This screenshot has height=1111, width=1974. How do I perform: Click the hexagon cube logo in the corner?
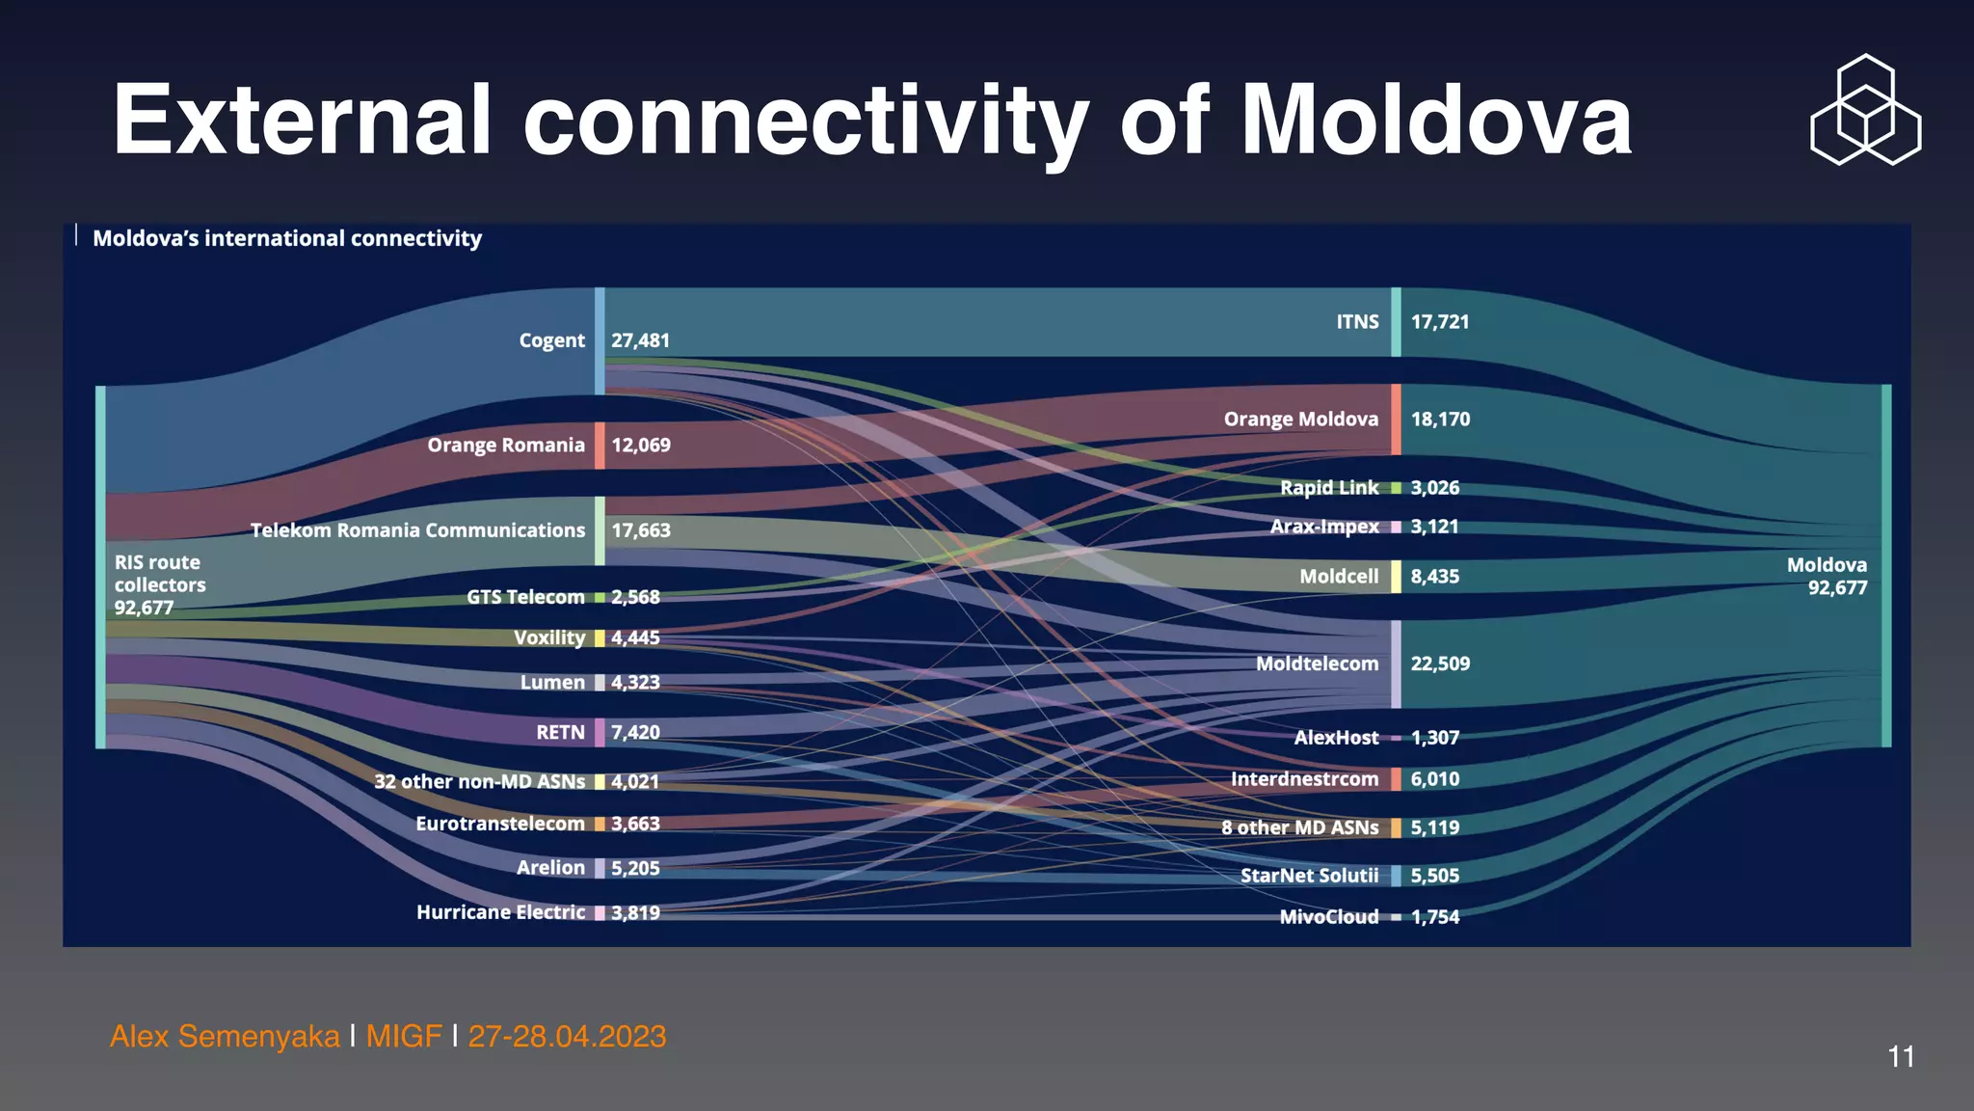pyautogui.click(x=1865, y=110)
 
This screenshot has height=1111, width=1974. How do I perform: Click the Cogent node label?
pyautogui.click(x=551, y=340)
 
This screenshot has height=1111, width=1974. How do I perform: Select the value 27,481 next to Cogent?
pyautogui.click(x=640, y=340)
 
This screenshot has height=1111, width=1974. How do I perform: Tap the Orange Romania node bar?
pyautogui.click(x=600, y=446)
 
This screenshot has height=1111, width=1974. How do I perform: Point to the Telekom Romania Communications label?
pyautogui.click(x=417, y=530)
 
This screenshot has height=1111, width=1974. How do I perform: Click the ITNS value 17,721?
pyautogui.click(x=1440, y=322)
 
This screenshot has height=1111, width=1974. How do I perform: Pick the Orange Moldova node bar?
pyautogui.click(x=1396, y=420)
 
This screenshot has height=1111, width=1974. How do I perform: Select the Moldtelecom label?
pyautogui.click(x=1317, y=664)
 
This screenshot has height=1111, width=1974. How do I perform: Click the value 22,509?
pyautogui.click(x=1440, y=664)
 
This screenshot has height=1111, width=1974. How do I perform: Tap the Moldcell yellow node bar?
pyautogui.click(x=1396, y=577)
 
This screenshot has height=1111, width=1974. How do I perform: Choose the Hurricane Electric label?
pyautogui.click(x=500, y=912)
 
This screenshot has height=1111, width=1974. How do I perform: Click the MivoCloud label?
pyautogui.click(x=1328, y=917)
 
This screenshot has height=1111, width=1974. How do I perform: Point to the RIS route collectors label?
pyautogui.click(x=159, y=584)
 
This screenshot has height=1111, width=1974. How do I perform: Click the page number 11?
pyautogui.click(x=1901, y=1057)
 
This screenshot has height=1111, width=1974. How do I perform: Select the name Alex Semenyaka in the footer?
pyautogui.click(x=225, y=1037)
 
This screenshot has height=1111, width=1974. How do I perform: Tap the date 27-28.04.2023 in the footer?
pyautogui.click(x=567, y=1037)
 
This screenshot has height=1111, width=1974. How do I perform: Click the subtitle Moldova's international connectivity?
pyautogui.click(x=287, y=238)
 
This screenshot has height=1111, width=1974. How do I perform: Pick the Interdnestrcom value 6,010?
pyautogui.click(x=1434, y=779)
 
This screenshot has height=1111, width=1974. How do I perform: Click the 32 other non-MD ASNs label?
pyautogui.click(x=479, y=781)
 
